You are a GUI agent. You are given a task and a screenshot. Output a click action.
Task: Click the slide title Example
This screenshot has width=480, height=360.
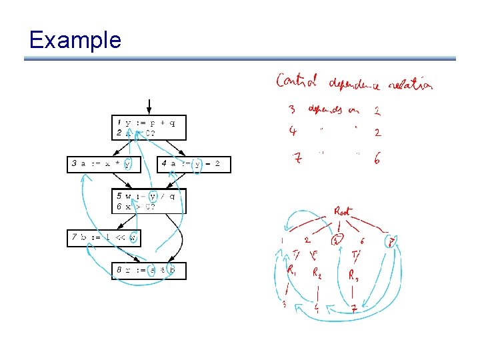75,40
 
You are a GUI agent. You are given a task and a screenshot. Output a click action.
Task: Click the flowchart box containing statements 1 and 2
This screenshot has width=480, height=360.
149,127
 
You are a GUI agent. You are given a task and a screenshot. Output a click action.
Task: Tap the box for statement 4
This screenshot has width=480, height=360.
194,164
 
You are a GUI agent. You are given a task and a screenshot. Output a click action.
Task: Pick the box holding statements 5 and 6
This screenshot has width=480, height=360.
149,201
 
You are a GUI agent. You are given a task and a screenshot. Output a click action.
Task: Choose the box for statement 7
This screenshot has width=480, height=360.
103,237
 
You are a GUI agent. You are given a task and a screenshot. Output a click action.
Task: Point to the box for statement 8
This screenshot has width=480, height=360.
149,271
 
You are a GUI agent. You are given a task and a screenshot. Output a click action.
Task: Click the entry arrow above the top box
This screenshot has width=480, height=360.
149,107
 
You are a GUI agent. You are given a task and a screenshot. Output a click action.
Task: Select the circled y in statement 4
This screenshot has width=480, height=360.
196,164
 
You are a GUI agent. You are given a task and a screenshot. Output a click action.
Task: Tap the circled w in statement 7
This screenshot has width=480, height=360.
133,237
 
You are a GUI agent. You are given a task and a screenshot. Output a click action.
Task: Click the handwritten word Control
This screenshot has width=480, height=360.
298,81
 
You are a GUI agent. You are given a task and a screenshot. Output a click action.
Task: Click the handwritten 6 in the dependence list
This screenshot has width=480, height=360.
377,160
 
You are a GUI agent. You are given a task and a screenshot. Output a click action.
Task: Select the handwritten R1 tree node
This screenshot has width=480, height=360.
291,270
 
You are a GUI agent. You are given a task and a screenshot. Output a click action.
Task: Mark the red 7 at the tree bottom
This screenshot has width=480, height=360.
355,309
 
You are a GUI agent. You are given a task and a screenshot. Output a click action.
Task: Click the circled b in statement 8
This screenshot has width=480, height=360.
171,271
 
